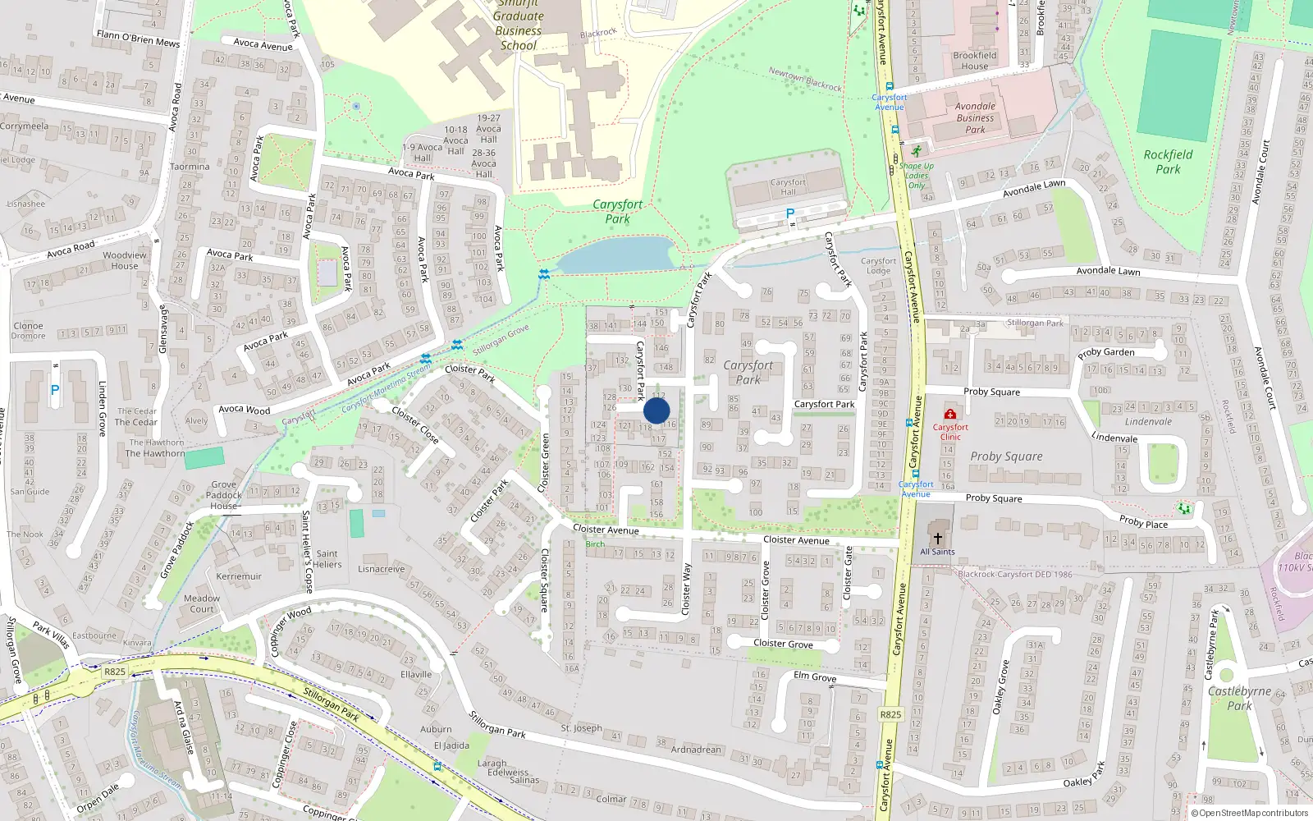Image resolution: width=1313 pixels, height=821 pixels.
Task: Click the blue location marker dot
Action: (656, 410)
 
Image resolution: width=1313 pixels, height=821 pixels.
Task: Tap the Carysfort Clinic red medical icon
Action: (950, 414)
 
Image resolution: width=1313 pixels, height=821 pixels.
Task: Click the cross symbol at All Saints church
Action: (937, 539)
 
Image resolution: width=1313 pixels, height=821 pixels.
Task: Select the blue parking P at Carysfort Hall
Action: (790, 213)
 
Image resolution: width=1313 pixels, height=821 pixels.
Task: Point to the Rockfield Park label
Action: (1168, 162)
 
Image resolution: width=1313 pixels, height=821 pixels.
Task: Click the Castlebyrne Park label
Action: (1239, 698)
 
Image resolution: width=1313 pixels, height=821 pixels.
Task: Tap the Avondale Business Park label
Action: (975, 117)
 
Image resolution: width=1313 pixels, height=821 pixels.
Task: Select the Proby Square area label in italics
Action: (1006, 456)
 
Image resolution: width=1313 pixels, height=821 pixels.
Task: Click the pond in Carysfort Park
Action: (615, 255)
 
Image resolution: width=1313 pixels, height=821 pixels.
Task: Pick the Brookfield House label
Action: (975, 61)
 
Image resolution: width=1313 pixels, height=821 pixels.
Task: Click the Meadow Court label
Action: (202, 603)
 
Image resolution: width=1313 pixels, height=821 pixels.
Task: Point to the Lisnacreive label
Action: (381, 569)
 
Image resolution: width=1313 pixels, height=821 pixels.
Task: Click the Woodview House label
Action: (125, 260)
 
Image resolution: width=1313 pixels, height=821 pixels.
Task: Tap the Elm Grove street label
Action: (815, 677)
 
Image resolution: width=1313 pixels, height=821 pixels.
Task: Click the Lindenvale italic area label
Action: (1148, 422)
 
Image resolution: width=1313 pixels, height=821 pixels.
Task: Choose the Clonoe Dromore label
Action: (29, 331)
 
